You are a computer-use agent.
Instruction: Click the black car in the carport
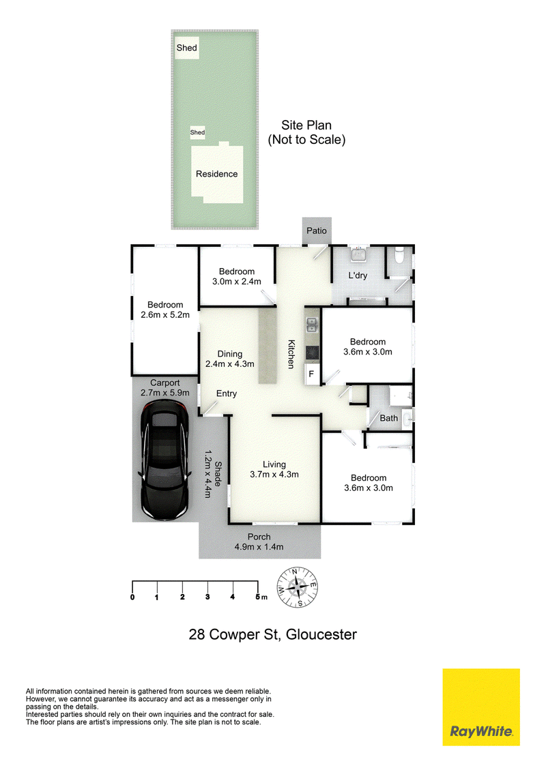click(164, 460)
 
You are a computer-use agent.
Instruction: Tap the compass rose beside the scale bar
click(297, 587)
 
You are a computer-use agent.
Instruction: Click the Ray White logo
click(481, 707)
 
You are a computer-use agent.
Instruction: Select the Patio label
click(317, 231)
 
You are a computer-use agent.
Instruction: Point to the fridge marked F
click(312, 374)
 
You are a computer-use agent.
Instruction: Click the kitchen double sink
click(312, 325)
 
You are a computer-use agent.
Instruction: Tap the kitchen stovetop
click(312, 353)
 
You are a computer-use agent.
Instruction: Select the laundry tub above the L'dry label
click(358, 254)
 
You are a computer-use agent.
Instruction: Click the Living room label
click(274, 469)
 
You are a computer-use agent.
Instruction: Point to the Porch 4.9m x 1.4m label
click(259, 541)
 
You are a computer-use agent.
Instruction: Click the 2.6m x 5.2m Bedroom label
click(165, 310)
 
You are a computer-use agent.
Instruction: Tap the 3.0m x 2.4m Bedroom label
click(237, 276)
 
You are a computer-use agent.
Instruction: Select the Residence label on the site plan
click(217, 174)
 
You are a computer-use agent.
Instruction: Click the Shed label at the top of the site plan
click(187, 48)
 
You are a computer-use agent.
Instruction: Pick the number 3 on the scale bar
click(207, 597)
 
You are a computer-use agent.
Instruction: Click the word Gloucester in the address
click(321, 634)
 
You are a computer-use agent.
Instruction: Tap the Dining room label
click(229, 359)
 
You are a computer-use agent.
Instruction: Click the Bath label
click(389, 418)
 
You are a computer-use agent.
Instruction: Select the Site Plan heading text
click(306, 132)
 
